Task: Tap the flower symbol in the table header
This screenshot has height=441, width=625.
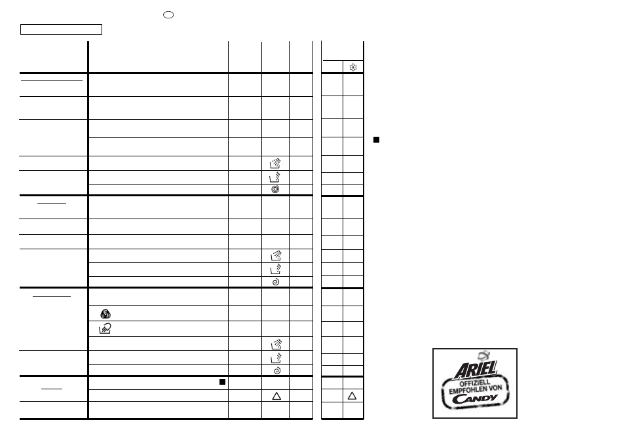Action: [352, 67]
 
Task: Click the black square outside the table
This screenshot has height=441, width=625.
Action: [376, 140]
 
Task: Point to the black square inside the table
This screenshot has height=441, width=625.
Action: [222, 381]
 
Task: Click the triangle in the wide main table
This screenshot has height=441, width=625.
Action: [276, 396]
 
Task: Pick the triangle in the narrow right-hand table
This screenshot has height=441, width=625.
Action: [352, 396]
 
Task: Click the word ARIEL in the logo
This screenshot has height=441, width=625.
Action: [475, 370]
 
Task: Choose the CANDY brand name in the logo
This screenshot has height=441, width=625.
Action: [474, 398]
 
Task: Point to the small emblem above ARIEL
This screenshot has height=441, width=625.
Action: [483, 355]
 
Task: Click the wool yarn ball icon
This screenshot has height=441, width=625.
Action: [105, 314]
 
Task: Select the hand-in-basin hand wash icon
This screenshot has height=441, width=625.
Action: [105, 328]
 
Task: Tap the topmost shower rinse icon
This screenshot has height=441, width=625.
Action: [275, 163]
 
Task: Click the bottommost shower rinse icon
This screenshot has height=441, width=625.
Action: [276, 344]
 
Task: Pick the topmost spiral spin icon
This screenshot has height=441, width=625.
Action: [275, 190]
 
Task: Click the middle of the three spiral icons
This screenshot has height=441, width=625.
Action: [275, 282]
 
